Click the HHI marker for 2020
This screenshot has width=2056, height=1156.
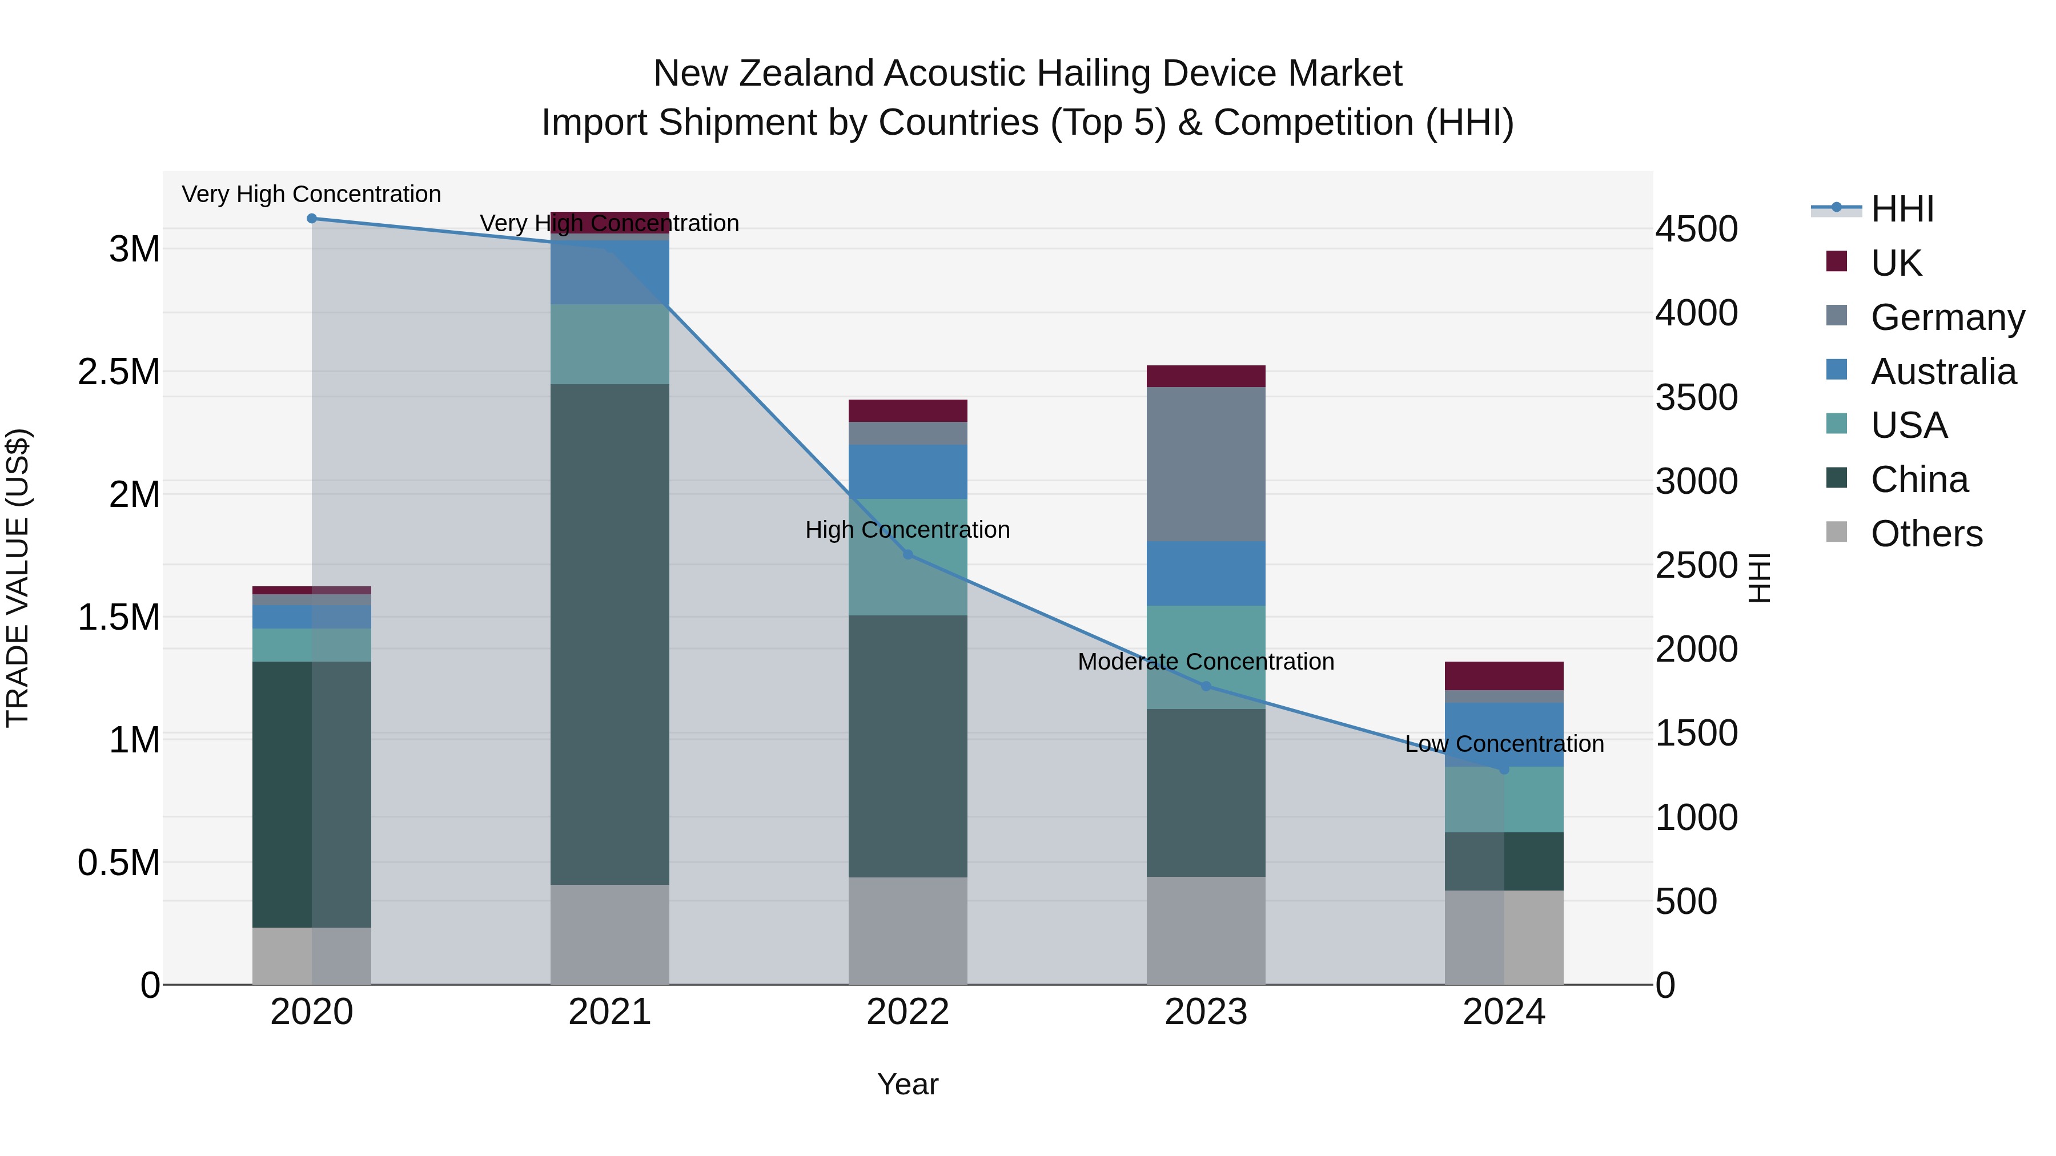[x=312, y=219]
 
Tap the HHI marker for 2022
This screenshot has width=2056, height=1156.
[x=907, y=554]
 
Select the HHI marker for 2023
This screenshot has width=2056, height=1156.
[x=1206, y=686]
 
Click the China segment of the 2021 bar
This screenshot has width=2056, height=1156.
[x=610, y=634]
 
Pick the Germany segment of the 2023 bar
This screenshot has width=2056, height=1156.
[x=1206, y=464]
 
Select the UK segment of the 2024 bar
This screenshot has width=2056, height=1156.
[x=1504, y=676]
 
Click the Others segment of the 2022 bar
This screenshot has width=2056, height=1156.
[x=907, y=931]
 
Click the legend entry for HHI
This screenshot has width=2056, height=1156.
[x=1901, y=209]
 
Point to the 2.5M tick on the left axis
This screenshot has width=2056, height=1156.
[x=118, y=372]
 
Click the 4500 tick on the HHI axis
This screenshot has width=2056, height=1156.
[x=1696, y=229]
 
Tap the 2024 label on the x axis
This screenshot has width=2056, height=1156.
[x=1504, y=1012]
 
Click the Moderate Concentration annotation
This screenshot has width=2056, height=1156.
[x=1206, y=662]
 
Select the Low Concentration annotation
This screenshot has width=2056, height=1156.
[x=1504, y=743]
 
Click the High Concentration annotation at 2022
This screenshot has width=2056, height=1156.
[x=907, y=530]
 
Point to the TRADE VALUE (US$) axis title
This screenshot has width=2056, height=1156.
[x=18, y=578]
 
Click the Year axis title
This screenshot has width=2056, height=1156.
[x=907, y=1084]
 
